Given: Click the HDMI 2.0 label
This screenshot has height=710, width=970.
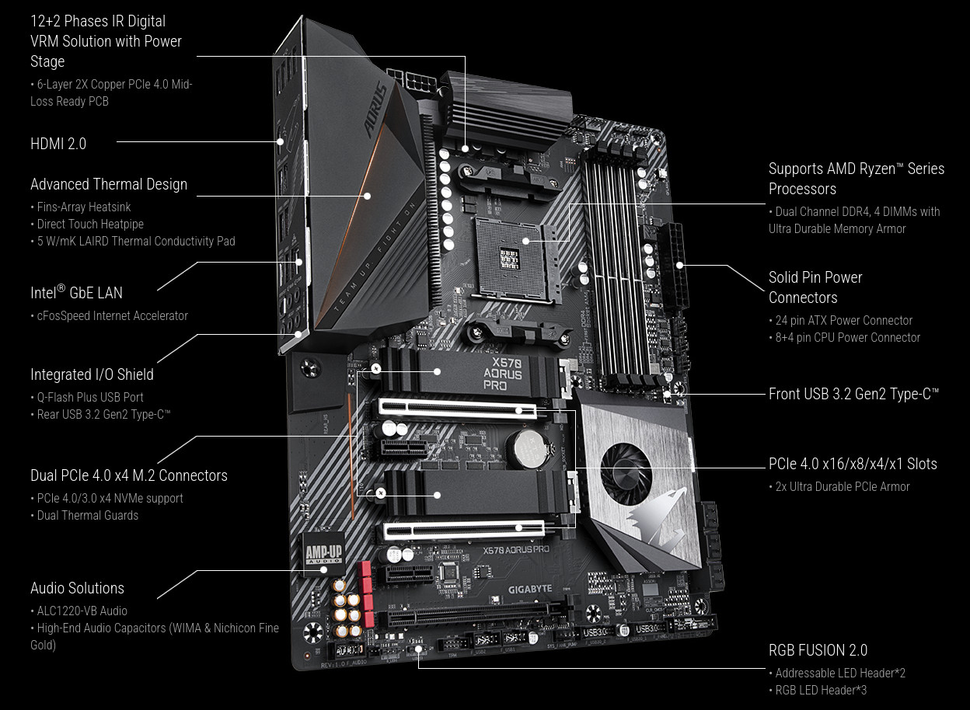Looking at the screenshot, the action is [58, 144].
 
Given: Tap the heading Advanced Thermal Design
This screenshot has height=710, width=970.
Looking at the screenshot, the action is [109, 184].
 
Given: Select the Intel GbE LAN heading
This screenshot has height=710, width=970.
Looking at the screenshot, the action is [76, 293].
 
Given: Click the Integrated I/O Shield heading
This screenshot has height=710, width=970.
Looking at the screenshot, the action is [92, 374].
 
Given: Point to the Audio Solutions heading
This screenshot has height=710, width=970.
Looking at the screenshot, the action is [77, 588].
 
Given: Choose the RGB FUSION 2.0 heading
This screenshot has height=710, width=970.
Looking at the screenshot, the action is [818, 650].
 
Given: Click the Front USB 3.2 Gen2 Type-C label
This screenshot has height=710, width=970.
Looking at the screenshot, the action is [853, 394].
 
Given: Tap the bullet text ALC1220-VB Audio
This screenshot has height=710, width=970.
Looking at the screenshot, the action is [82, 611].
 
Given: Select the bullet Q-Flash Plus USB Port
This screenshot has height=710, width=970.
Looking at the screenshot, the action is [90, 397].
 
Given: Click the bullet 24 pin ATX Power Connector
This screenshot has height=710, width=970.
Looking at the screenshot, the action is [843, 321].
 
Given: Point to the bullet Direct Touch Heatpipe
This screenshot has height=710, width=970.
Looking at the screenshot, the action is [90, 224].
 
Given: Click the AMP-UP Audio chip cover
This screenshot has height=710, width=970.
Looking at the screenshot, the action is [323, 553].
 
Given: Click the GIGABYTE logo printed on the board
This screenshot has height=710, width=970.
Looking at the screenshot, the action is [530, 590].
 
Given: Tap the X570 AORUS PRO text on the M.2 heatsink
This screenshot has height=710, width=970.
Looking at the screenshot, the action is [503, 374].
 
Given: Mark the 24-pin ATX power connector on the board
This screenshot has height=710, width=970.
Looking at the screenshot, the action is [677, 266].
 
